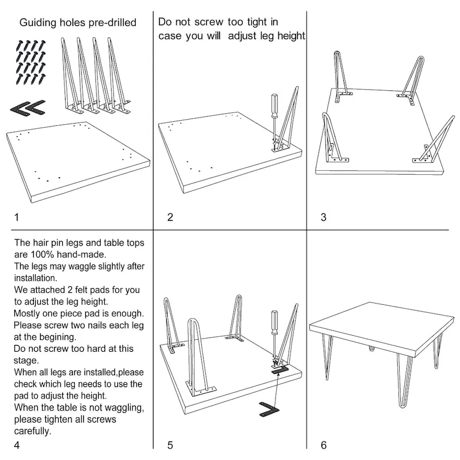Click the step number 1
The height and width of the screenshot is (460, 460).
[x=17, y=217]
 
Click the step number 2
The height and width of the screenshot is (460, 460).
[x=170, y=217]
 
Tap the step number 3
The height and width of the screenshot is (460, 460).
[x=323, y=217]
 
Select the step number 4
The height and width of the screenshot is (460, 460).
[x=17, y=444]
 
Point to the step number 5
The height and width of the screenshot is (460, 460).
[x=170, y=444]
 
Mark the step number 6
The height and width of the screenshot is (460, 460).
[x=323, y=444]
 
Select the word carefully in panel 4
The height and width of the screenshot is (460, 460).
[x=33, y=431]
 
